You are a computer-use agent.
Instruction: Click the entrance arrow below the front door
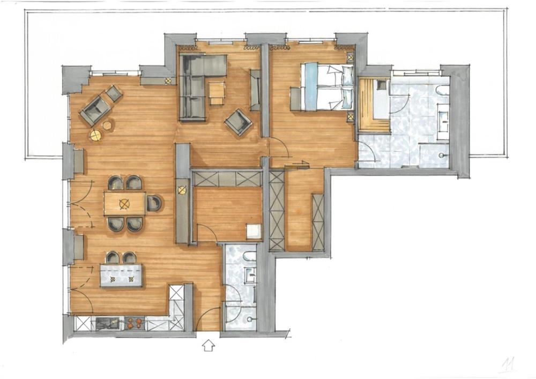point(209,346)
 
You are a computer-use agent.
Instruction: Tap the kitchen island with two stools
point(121,275)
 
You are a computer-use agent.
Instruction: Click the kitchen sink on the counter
point(108,323)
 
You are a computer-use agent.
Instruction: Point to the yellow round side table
point(96,136)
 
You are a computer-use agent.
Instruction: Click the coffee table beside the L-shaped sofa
point(217,93)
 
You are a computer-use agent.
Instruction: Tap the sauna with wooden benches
point(374,104)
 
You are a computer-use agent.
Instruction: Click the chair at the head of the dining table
point(154,203)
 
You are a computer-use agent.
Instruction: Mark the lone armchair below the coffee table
point(239,123)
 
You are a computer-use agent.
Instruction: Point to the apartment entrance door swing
point(208,318)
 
